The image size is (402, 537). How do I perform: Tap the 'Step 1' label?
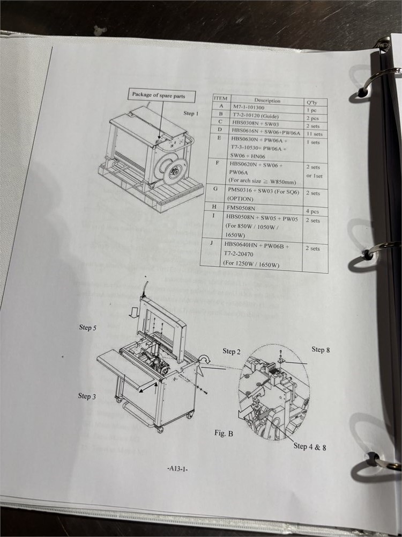(191, 113)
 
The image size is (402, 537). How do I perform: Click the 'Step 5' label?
(88, 328)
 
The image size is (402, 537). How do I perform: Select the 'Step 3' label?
(87, 396)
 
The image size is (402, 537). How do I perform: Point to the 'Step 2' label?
(232, 351)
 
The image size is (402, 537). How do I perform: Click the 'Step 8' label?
(321, 350)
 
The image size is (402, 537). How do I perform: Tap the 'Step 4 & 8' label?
(309, 446)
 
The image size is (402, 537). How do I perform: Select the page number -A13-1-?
(177, 469)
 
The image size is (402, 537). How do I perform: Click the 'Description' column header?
(267, 100)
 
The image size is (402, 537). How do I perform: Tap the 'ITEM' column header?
(221, 98)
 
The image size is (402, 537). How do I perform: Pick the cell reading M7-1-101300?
(250, 107)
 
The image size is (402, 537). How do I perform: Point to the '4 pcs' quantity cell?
(312, 211)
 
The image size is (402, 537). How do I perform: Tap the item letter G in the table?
(215, 189)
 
